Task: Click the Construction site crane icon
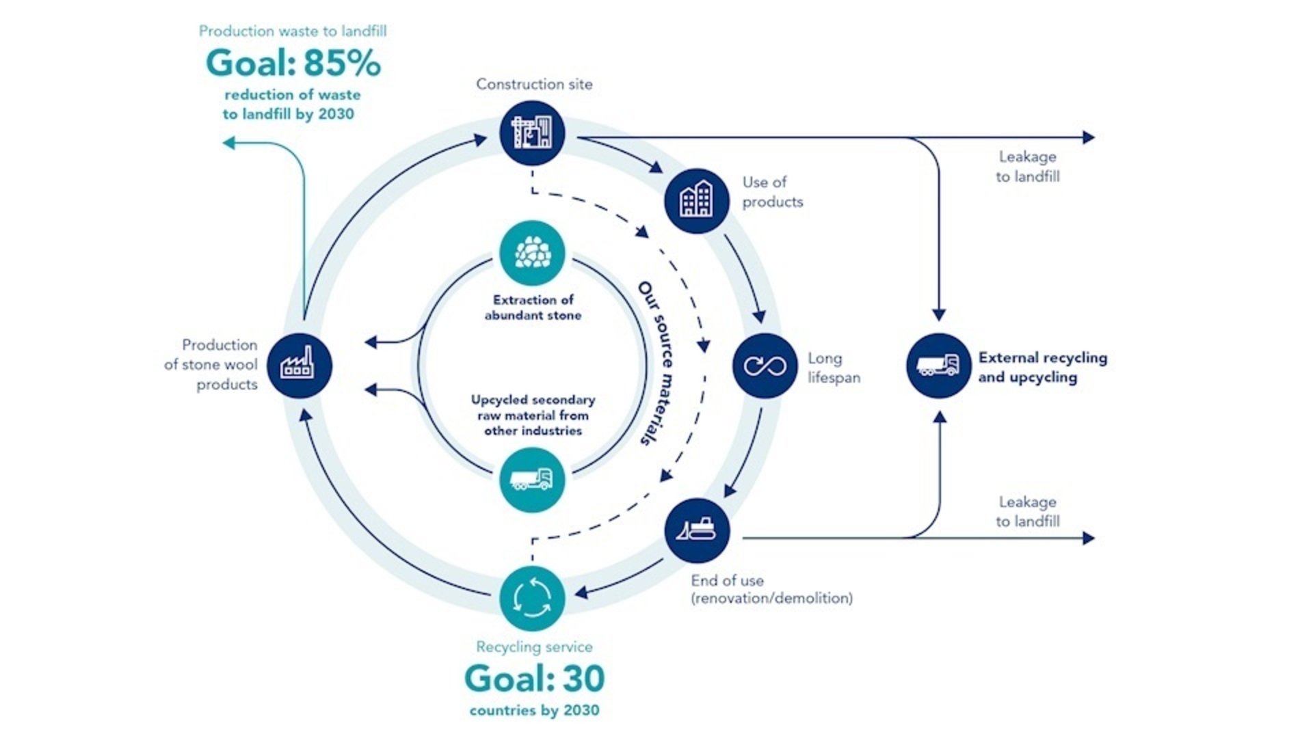tap(531, 133)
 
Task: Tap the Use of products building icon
tap(696, 201)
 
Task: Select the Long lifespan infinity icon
tap(765, 366)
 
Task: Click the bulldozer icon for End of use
tap(696, 530)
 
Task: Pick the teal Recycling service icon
tap(532, 598)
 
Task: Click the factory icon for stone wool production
tap(299, 366)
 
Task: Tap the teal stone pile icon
tap(532, 253)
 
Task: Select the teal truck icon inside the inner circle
tap(532, 479)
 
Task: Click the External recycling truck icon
tap(938, 366)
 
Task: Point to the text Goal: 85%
tap(293, 64)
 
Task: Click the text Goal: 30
tap(534, 679)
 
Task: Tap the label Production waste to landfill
tap(293, 31)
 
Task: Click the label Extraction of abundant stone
tap(533, 307)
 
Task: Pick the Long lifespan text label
tap(834, 368)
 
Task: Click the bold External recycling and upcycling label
tap(1042, 367)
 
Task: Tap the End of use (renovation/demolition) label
tap(771, 589)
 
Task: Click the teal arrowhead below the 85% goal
tap(229, 142)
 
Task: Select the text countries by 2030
tap(534, 710)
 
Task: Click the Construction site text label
tap(534, 84)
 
